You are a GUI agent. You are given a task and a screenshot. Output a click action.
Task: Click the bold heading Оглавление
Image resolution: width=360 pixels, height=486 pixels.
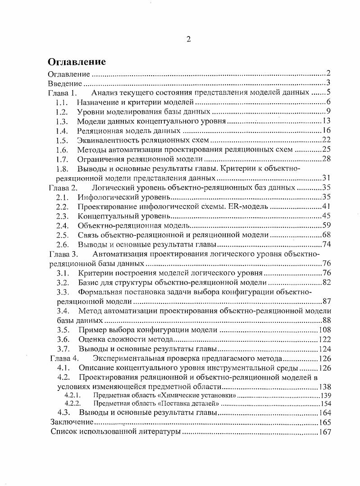[77, 62]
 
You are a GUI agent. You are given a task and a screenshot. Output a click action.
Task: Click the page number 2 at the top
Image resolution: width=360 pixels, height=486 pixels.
[189, 39]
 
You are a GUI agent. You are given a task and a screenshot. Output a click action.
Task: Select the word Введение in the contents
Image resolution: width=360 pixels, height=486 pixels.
[65, 83]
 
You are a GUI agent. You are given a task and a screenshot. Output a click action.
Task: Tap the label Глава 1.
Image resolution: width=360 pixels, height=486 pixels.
[63, 93]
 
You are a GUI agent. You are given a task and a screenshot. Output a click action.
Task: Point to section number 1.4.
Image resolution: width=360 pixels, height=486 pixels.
[62, 131]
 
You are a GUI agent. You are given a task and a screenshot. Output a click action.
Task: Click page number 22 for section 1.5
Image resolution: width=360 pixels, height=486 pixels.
[327, 141]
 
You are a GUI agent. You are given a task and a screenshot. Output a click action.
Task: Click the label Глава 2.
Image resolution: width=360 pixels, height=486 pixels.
[63, 188]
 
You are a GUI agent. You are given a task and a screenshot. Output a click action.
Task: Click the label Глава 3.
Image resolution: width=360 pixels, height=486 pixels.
[63, 254]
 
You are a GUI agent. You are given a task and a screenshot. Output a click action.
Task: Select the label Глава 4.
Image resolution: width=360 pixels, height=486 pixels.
[64, 359]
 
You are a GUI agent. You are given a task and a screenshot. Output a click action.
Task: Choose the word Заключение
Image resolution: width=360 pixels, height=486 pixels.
[72, 422]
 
